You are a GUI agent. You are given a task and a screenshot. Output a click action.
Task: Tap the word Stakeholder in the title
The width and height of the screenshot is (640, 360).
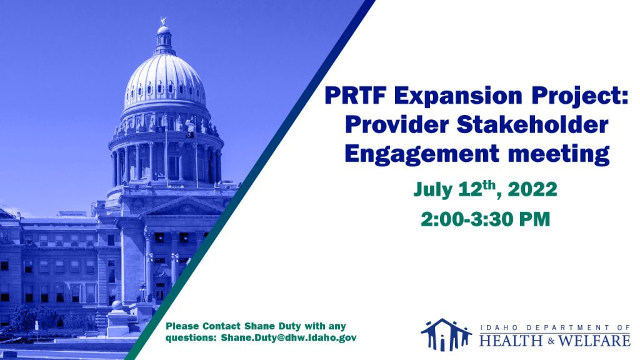[x=532, y=124]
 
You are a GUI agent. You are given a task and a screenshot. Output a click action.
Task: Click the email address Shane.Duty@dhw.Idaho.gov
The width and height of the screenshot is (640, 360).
[x=289, y=338]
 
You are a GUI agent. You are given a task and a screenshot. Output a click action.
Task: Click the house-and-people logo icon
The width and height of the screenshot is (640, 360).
[x=446, y=335]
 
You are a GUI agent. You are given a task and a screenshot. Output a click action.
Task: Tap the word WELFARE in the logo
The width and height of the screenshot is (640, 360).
[x=594, y=341]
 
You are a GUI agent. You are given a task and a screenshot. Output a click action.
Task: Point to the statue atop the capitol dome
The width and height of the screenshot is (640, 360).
[x=164, y=21]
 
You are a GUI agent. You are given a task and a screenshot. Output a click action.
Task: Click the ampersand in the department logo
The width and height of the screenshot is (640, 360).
[x=550, y=341]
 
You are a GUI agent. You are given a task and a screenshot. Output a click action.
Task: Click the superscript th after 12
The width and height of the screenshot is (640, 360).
[x=489, y=185]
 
